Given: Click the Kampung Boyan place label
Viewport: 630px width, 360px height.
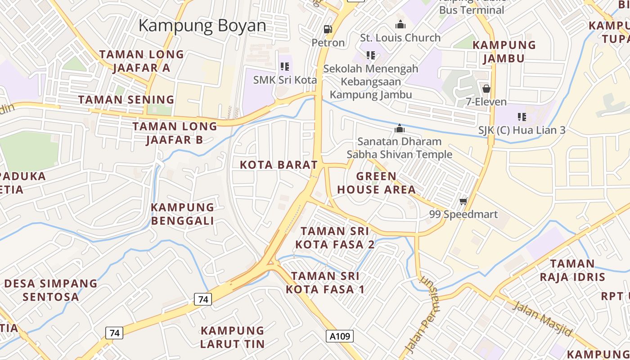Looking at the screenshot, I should (202, 26).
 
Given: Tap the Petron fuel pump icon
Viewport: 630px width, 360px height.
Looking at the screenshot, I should (328, 29).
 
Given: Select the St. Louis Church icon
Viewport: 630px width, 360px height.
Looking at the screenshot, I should (400, 24).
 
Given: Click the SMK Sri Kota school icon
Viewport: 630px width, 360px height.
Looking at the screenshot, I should (285, 67).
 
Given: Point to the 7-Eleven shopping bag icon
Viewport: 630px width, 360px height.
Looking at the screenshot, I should (486, 88).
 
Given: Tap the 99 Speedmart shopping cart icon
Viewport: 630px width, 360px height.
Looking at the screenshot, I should (463, 201).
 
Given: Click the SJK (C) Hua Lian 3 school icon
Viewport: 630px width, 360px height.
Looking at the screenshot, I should (522, 117).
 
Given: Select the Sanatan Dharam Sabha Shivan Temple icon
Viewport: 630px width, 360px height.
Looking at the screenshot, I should (399, 129).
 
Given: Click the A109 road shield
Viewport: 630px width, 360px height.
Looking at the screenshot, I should (340, 336).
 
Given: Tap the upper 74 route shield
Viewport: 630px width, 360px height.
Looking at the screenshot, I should (203, 299).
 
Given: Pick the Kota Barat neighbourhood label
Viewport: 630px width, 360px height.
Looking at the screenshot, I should (279, 165).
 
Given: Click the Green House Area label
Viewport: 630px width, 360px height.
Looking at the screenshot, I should (377, 183).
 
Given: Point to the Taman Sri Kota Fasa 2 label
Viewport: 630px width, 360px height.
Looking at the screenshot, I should (335, 238).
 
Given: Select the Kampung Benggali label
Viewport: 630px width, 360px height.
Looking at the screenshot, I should (182, 214).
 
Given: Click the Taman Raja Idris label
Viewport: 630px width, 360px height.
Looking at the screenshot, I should (572, 270).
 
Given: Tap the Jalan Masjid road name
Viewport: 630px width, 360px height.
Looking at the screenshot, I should (543, 319).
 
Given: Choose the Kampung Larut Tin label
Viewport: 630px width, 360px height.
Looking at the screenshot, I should (232, 337).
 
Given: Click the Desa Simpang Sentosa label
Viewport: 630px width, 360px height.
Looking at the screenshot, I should (51, 290).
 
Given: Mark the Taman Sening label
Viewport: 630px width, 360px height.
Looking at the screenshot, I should (126, 99).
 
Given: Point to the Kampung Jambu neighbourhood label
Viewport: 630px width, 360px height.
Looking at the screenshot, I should (504, 51).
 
